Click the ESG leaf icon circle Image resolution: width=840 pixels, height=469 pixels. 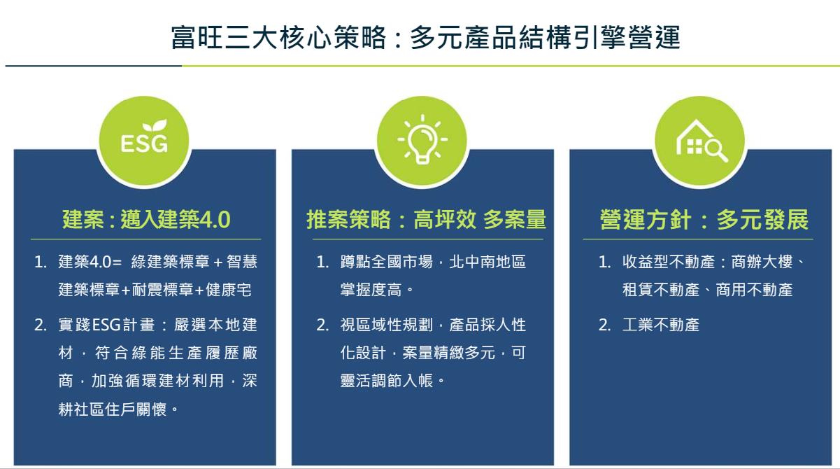[x=144, y=141]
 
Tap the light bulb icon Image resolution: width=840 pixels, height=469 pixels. [x=422, y=139]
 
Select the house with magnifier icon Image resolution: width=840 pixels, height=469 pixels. [x=702, y=141]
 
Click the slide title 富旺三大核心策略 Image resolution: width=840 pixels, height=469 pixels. [x=278, y=38]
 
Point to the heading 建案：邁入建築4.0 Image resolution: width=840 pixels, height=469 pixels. [x=146, y=220]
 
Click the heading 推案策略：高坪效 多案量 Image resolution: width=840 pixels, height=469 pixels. [x=427, y=220]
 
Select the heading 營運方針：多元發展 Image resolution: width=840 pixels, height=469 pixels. [x=704, y=220]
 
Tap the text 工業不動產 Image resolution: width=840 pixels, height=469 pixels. [x=661, y=325]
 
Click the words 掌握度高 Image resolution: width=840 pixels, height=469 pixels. [x=371, y=290]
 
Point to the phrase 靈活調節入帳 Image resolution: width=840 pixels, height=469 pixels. [x=387, y=381]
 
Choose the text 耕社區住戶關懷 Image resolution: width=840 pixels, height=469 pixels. [x=112, y=409]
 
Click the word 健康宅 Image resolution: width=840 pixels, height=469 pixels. [x=229, y=290]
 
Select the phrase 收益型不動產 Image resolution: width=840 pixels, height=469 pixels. [x=669, y=262]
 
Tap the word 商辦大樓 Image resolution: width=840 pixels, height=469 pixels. [x=762, y=262]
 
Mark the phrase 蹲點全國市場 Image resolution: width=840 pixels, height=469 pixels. [x=387, y=262]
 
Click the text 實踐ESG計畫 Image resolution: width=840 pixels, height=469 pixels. [x=106, y=325]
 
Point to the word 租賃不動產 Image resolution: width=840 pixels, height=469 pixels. [x=661, y=290]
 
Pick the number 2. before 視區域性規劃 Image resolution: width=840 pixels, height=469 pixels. [x=322, y=325]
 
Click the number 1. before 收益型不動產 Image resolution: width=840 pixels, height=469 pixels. [x=604, y=262]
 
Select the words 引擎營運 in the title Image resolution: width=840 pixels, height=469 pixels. [x=627, y=38]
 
